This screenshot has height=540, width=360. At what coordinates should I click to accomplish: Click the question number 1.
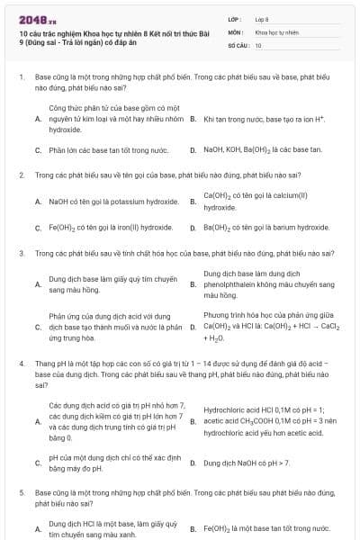pyautogui.click(x=22, y=78)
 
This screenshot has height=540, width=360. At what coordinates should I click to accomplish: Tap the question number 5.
pyautogui.click(x=22, y=493)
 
